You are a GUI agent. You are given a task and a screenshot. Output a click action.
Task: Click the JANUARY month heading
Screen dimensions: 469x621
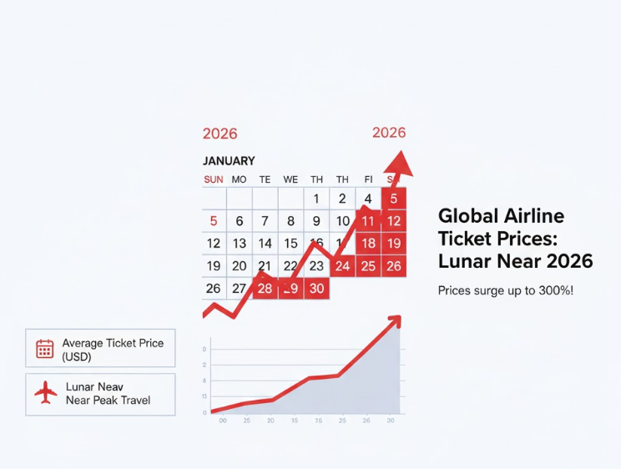[229, 160]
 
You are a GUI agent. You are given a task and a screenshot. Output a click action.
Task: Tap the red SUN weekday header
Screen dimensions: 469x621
[214, 179]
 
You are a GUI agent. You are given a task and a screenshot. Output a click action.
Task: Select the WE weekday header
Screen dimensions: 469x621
[290, 179]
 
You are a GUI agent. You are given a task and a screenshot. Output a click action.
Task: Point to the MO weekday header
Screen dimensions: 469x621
[239, 179]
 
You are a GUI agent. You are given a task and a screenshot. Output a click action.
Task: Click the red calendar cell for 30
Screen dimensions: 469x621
[316, 289]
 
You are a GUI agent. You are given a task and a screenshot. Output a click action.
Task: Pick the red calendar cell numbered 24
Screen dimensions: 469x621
[342, 266]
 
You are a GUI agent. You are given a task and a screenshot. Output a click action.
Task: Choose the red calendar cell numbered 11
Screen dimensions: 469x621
[368, 221]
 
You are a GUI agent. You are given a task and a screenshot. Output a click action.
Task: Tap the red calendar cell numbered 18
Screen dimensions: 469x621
[368, 244]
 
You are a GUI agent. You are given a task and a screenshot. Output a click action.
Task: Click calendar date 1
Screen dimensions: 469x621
[316, 199]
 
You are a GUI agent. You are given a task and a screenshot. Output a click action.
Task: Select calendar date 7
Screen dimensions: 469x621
[265, 221]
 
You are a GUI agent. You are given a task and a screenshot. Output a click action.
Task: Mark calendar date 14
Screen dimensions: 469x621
[265, 244]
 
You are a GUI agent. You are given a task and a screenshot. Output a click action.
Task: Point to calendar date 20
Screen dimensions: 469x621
[240, 266]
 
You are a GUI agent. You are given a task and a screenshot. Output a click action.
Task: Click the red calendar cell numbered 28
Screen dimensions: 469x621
[265, 289]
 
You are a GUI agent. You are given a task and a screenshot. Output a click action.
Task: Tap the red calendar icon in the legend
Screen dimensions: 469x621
[44, 349]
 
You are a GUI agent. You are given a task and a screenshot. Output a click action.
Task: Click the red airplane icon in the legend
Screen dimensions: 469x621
[45, 393]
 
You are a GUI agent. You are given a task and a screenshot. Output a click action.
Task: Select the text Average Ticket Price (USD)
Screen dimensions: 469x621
[113, 350]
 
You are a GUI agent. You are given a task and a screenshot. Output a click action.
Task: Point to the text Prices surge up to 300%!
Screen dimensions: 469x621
[506, 290]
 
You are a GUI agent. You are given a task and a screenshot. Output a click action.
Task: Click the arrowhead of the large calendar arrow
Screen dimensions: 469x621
[401, 162]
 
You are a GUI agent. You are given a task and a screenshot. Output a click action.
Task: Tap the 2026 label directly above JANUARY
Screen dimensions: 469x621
[220, 134]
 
